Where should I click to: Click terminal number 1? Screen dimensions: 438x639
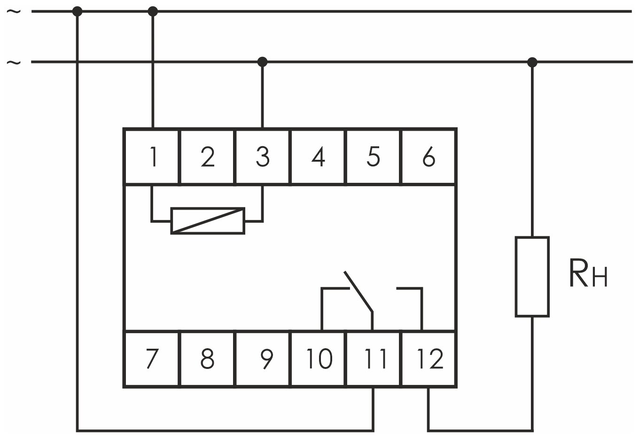pyautogui.click(x=152, y=156)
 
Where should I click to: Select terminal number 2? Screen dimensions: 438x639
pyautogui.click(x=207, y=156)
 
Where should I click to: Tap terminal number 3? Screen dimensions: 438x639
pyautogui.click(x=263, y=156)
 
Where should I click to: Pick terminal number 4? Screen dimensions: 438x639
pyautogui.click(x=318, y=156)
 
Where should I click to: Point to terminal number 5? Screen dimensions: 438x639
pyautogui.click(x=373, y=156)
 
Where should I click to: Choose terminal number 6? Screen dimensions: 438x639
pyautogui.click(x=429, y=156)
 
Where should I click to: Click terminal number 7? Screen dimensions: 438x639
pyautogui.click(x=152, y=359)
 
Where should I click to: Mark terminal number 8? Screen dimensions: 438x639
pyautogui.click(x=207, y=359)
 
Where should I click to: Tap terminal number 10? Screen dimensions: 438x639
pyautogui.click(x=318, y=359)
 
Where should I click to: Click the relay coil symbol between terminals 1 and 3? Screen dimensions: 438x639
pyautogui.click(x=207, y=220)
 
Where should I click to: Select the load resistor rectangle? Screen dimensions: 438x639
pyautogui.click(x=532, y=276)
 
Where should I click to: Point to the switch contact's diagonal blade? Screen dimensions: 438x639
pyautogui.click(x=358, y=291)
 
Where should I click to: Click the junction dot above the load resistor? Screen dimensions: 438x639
pyautogui.click(x=532, y=62)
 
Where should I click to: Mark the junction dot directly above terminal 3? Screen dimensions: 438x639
pyautogui.click(x=263, y=62)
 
